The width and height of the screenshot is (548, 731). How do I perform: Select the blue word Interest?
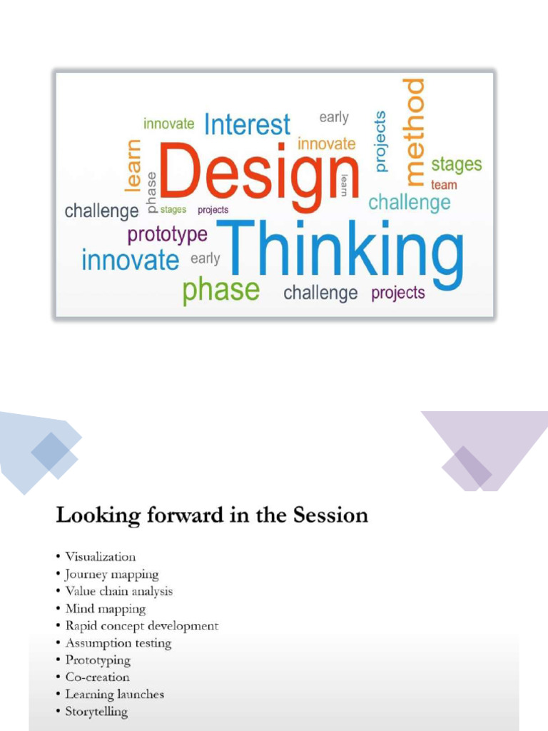247,125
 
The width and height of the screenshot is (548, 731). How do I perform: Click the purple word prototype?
168,233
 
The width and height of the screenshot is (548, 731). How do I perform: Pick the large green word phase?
220,291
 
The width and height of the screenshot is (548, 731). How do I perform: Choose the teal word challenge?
409,202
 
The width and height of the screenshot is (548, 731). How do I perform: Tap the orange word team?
444,185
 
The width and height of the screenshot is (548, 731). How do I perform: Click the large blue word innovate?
130,259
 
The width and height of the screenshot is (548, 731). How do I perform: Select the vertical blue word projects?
380,141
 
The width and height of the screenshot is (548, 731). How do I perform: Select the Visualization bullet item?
100,557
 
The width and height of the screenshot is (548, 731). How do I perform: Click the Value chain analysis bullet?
118,591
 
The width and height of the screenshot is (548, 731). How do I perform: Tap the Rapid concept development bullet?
141,625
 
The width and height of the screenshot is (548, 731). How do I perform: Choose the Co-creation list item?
97,677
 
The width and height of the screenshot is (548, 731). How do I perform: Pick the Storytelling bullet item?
96,711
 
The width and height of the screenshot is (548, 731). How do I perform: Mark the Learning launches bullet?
114,694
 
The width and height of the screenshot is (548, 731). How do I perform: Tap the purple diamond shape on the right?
467,468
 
